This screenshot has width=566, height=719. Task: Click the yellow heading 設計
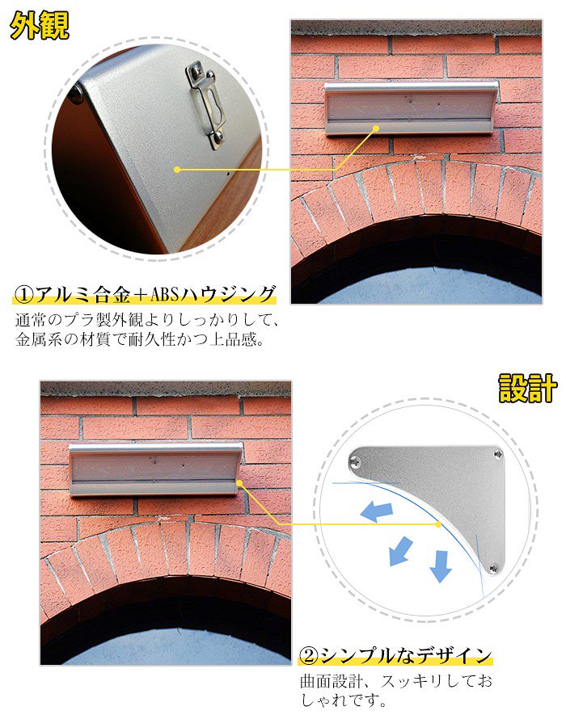(526, 389)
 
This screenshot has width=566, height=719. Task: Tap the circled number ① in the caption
(25, 292)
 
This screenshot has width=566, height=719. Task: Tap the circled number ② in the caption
(309, 654)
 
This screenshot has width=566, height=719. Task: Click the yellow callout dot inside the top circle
(177, 170)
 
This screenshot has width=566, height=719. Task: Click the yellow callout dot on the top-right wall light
(376, 127)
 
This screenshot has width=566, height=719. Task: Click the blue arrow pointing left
(377, 511)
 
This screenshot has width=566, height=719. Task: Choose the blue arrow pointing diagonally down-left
(401, 552)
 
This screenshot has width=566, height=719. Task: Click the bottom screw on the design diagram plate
(495, 569)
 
